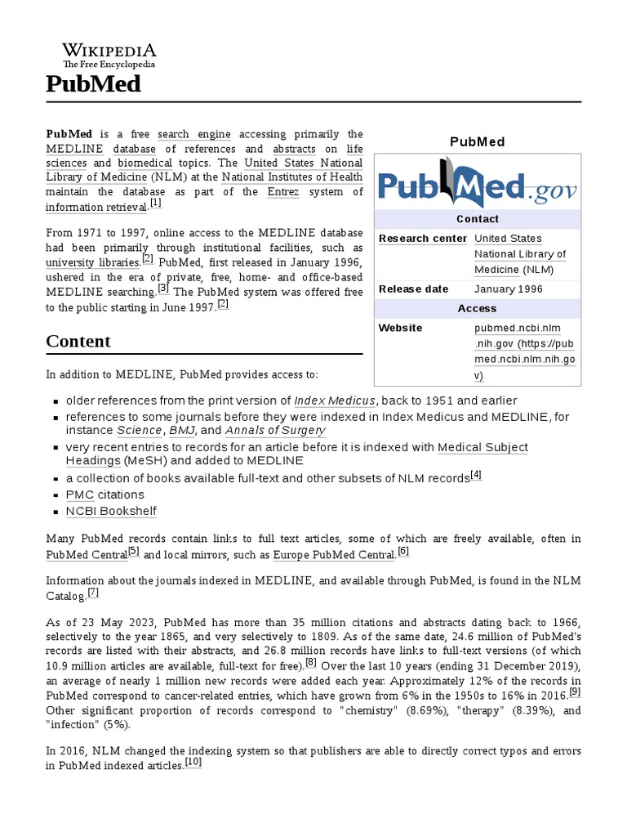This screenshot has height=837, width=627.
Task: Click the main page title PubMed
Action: [94, 84]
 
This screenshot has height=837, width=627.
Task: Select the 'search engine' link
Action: [194, 134]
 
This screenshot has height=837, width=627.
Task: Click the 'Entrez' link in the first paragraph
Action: [283, 191]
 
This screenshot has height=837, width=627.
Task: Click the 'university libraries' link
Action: [92, 262]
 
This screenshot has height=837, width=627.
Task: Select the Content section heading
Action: [78, 341]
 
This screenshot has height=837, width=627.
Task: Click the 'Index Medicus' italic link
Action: [335, 401]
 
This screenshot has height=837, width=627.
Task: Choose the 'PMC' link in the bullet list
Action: [79, 495]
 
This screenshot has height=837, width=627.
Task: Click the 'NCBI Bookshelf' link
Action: [111, 511]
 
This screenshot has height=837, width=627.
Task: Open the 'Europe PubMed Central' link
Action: [333, 555]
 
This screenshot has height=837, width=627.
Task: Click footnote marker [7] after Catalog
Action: [93, 593]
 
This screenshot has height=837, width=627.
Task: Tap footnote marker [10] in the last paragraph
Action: [193, 762]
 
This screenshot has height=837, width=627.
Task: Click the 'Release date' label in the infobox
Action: [413, 289]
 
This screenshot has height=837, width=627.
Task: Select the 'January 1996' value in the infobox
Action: [508, 289]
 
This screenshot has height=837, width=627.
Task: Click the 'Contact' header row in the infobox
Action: [478, 219]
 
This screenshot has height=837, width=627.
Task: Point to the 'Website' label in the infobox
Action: [400, 328]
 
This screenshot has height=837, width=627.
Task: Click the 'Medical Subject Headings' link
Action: [482, 447]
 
